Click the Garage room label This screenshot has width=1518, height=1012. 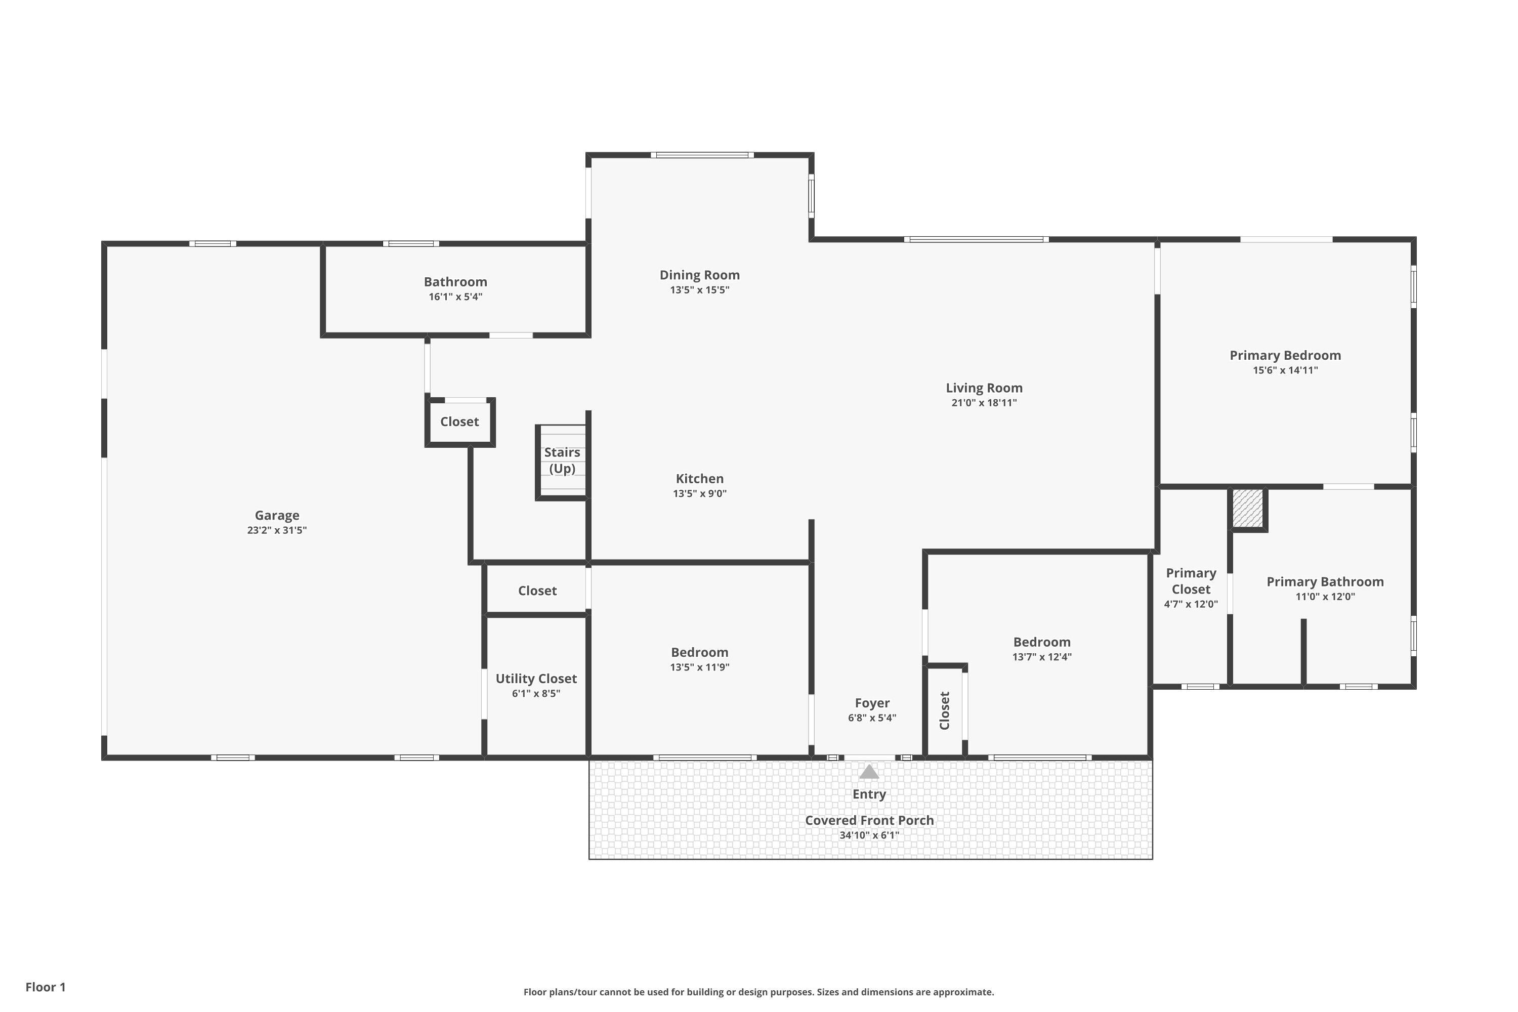(x=277, y=515)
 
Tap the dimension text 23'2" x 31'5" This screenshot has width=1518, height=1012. (x=277, y=530)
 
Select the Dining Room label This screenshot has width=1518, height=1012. (x=700, y=275)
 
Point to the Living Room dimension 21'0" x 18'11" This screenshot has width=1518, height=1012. (x=984, y=403)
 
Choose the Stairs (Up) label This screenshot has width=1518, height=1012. (x=562, y=460)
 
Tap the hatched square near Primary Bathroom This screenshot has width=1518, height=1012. (x=1248, y=509)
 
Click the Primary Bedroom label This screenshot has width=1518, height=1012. (x=1285, y=355)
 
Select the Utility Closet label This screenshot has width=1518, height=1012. (x=536, y=679)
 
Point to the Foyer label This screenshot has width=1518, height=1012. (x=872, y=703)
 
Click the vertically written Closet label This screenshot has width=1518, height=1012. (x=945, y=710)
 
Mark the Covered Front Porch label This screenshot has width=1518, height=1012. (x=869, y=820)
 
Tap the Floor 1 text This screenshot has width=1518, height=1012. (x=46, y=987)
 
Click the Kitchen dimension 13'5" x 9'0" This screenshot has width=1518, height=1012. (x=700, y=494)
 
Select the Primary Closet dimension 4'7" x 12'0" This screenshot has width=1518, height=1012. (x=1191, y=604)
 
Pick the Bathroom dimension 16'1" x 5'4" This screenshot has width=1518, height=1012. (x=456, y=297)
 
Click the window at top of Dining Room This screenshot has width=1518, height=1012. (x=702, y=155)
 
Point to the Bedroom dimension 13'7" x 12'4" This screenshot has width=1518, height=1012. (x=1042, y=657)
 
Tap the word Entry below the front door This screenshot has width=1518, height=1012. (x=869, y=794)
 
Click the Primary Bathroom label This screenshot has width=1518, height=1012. (x=1325, y=581)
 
